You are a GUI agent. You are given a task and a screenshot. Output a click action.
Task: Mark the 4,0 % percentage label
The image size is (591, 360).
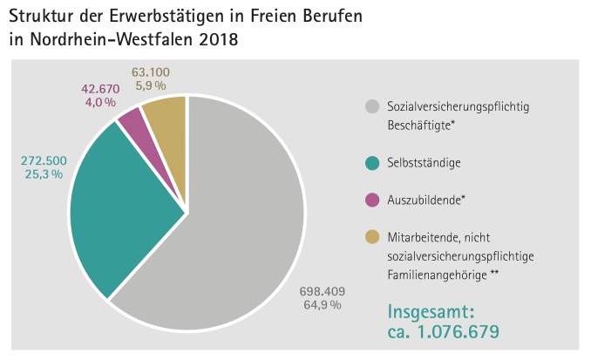pyautogui.click(x=99, y=102)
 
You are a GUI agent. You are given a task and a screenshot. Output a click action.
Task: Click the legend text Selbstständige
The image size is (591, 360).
pyautogui.click(x=424, y=163)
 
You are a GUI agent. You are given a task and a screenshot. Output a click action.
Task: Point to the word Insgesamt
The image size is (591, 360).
pyautogui.click(x=430, y=312)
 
